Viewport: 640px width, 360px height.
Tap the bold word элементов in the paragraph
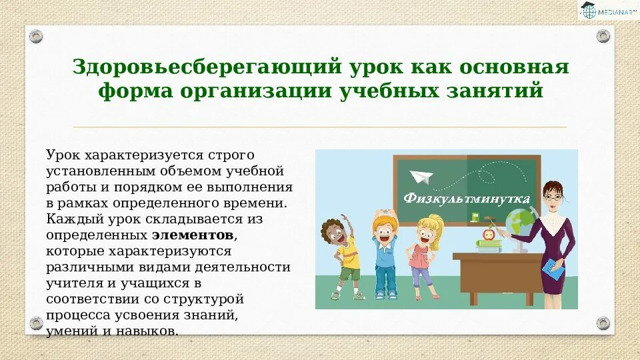pos(193,235)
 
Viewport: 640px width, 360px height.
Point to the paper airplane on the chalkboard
pos(421,177)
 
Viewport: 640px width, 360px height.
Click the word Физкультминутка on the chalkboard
pos(467,199)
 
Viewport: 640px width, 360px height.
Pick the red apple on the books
pos(489,234)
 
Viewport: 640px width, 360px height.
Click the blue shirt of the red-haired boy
pos(384,253)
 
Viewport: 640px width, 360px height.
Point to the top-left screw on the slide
pos(36,36)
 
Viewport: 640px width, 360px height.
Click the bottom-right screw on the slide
pos(603,323)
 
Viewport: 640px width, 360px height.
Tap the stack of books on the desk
pos(489,245)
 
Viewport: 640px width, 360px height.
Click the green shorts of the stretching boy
pos(349,273)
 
